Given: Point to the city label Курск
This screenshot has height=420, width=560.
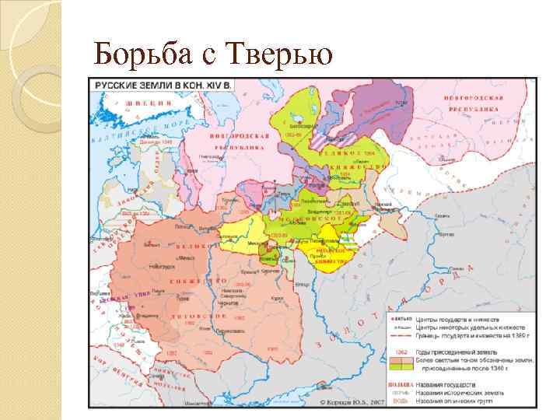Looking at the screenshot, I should [270, 293].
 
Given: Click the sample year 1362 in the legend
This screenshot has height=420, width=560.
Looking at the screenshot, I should [401, 352].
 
